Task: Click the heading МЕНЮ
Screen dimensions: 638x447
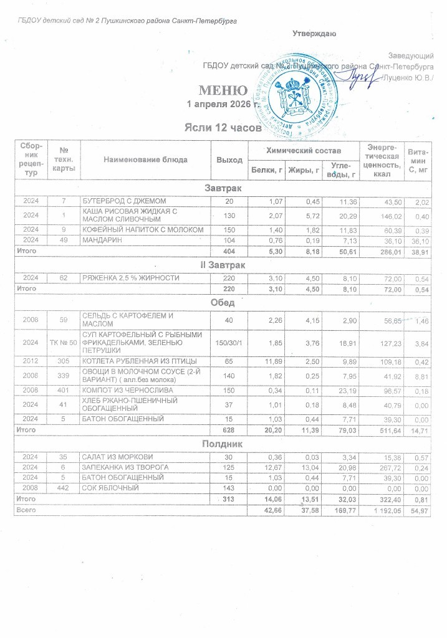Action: [223, 90]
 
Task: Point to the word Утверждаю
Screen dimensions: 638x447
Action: [315, 34]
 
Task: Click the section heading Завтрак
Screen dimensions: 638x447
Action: [223, 188]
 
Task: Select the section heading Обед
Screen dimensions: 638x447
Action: [223, 303]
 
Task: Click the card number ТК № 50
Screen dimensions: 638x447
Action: [64, 343]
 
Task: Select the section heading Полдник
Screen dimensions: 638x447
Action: [223, 444]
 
